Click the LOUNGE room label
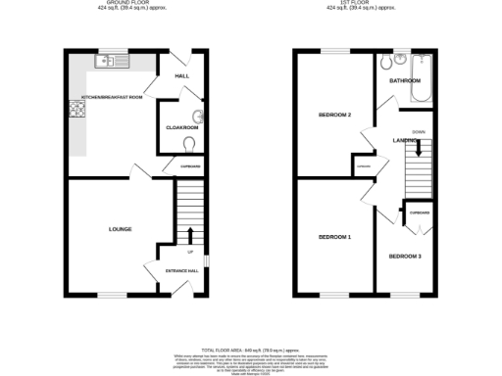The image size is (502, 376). [x=121, y=229]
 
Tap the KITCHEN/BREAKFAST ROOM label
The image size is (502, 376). [x=112, y=98]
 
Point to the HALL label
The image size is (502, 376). [x=181, y=75]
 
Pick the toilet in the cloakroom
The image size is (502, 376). [x=189, y=143]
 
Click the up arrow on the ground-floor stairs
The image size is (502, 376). [x=190, y=234]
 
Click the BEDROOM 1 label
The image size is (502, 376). [x=334, y=238]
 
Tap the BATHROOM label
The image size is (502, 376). [x=404, y=80]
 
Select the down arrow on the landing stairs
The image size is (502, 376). [x=420, y=148]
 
